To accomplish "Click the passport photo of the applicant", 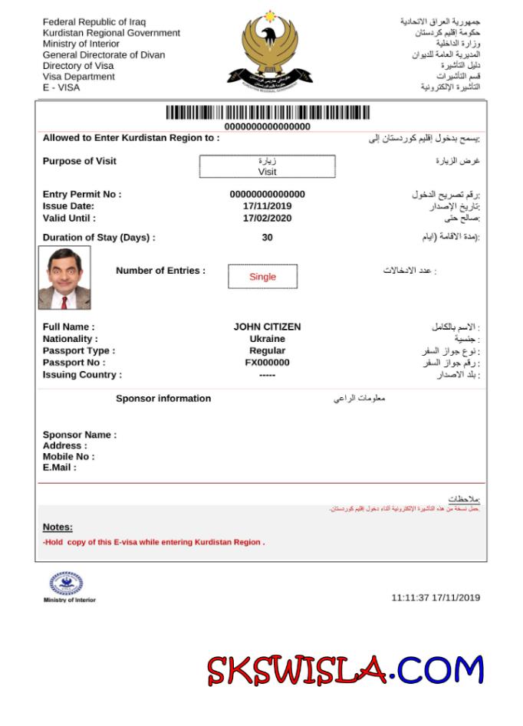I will click(64, 278).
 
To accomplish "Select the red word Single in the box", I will click(262, 277).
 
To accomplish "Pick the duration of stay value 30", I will click(267, 238).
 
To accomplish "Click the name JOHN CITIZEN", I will click(267, 327).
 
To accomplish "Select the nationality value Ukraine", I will click(267, 339).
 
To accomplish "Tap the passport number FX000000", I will click(267, 363).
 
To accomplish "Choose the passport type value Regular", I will click(267, 350).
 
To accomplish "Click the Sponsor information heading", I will click(163, 399).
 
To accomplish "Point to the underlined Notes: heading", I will click(58, 527).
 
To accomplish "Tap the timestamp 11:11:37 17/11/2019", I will click(436, 597).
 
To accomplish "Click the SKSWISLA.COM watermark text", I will click(345, 670).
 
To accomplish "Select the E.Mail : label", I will click(60, 468).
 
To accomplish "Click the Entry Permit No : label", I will click(82, 195).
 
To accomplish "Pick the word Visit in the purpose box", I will click(267, 172).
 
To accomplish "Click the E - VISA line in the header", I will click(61, 87).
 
